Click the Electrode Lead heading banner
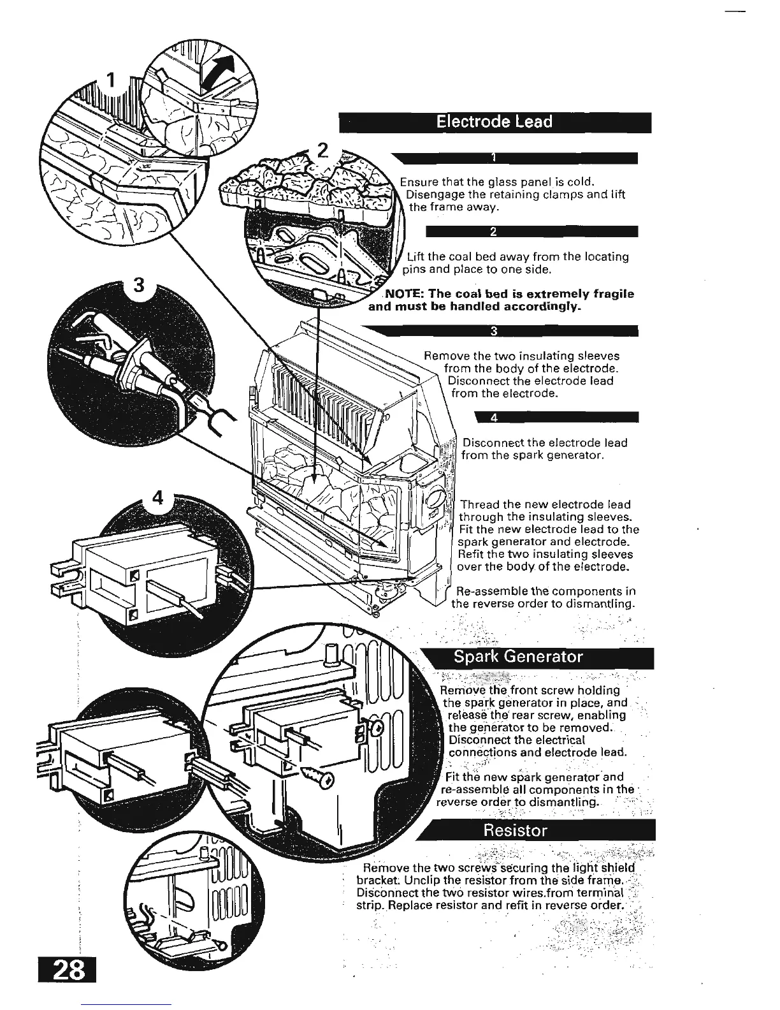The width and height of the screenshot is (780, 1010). pyautogui.click(x=495, y=122)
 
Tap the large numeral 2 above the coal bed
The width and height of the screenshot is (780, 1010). pyautogui.click(x=322, y=151)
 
